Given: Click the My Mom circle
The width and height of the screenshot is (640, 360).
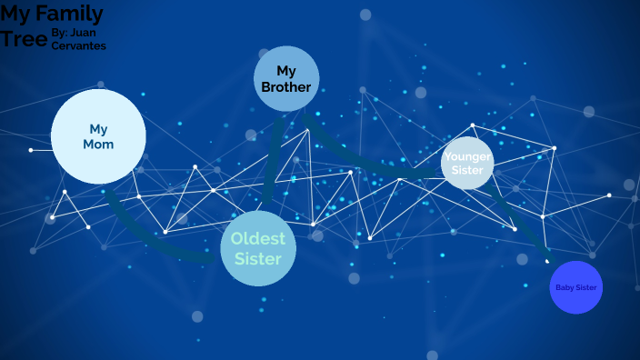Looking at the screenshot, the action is click(x=98, y=136).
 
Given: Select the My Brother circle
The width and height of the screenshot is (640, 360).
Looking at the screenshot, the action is click(x=286, y=78).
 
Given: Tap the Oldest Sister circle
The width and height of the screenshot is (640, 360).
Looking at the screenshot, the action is click(x=258, y=247).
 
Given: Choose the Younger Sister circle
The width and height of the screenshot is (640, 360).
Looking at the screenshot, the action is click(x=467, y=163).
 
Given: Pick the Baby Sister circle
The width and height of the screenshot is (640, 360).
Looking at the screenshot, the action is click(x=576, y=287).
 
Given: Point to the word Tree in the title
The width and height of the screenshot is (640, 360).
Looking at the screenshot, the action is click(x=23, y=39).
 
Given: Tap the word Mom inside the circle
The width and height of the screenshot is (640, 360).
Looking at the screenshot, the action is click(x=98, y=145).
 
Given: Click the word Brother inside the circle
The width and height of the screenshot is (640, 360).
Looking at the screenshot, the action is click(x=286, y=87).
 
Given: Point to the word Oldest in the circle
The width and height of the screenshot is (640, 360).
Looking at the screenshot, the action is click(x=258, y=238).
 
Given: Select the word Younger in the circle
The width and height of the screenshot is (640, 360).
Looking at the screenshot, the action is click(x=467, y=156).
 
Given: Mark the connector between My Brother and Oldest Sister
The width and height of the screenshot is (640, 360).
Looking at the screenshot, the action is click(x=271, y=164).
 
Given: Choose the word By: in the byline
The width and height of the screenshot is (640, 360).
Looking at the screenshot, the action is click(x=59, y=33).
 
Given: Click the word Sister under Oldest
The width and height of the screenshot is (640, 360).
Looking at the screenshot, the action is click(x=258, y=258).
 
